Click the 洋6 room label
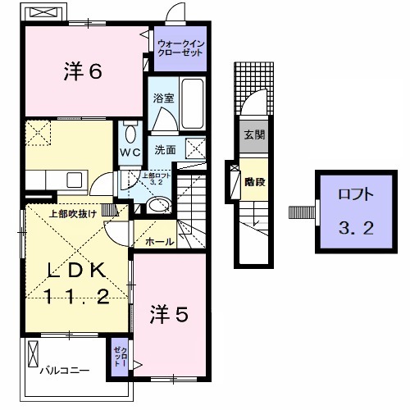(83, 73)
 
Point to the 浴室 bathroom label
(162, 98)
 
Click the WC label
(130, 153)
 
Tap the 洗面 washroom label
(166, 150)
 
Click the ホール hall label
(158, 243)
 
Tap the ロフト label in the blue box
(355, 196)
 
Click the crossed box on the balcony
(33, 355)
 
